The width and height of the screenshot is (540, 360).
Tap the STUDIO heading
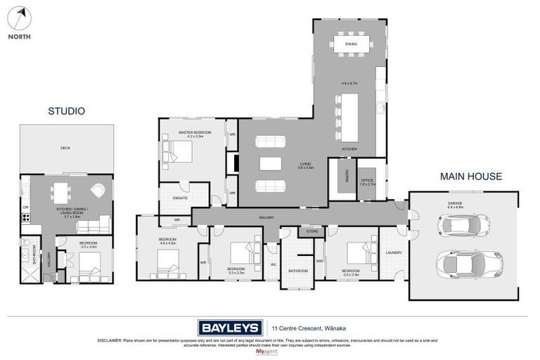pyautogui.click(x=66, y=111)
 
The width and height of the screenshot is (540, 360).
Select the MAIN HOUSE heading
pyautogui.click(x=471, y=176)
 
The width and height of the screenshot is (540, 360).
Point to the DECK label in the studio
pyautogui.click(x=65, y=148)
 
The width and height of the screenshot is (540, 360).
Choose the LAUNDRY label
pyautogui.click(x=393, y=252)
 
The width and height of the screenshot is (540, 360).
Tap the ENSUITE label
pyautogui.click(x=180, y=199)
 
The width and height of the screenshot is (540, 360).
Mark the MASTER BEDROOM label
pyautogui.click(x=191, y=133)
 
